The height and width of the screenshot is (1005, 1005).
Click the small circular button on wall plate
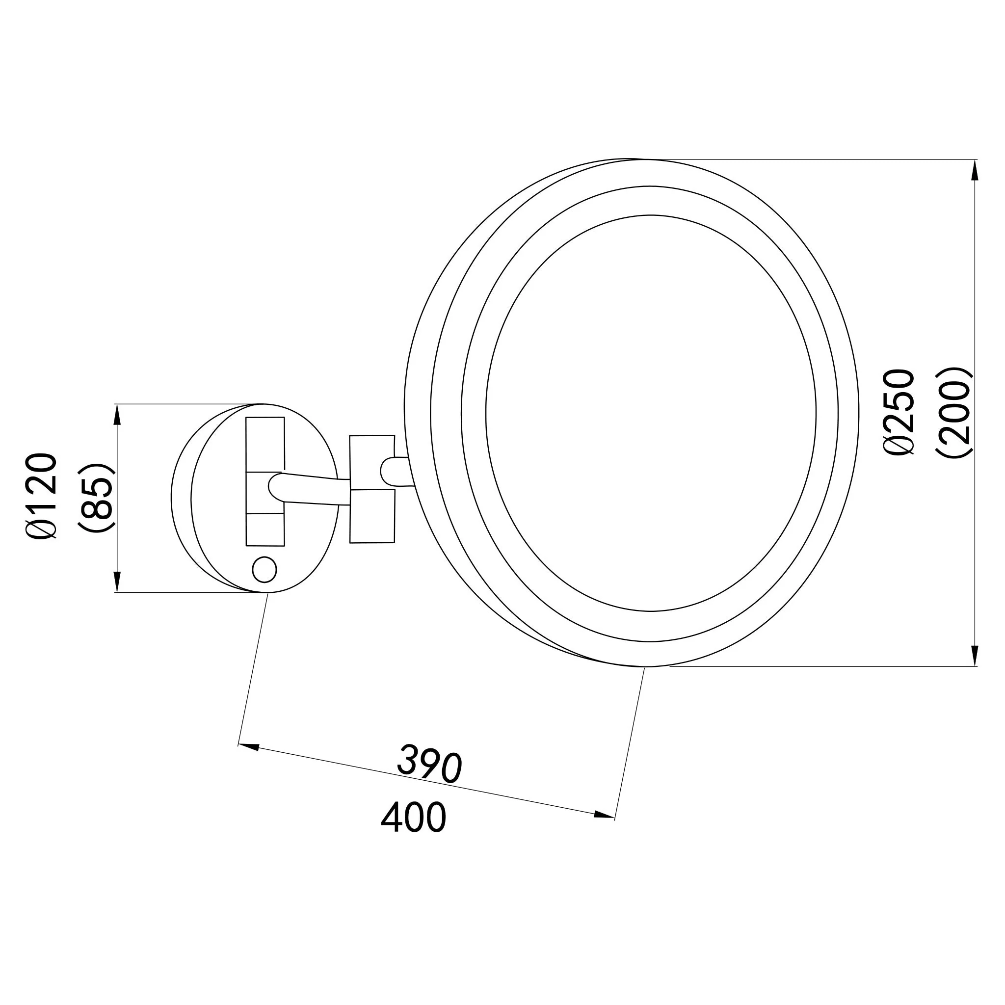[x=264, y=569]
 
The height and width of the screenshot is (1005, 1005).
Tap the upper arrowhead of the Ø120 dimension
[x=117, y=415]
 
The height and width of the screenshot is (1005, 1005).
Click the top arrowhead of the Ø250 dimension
[x=975, y=170]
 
